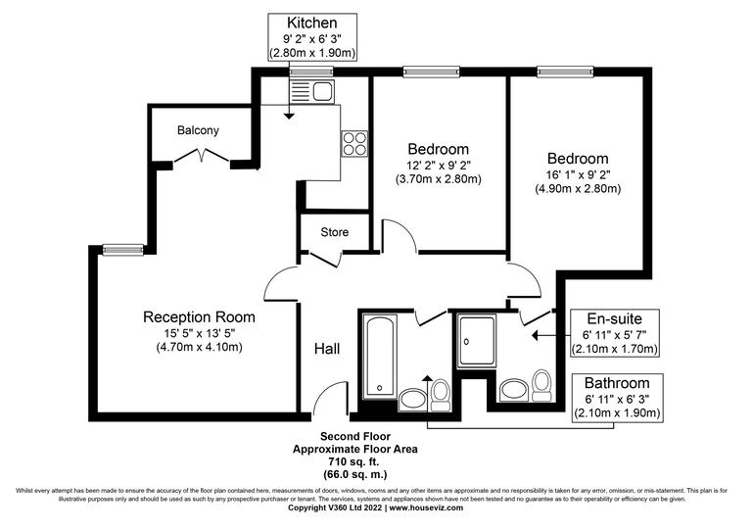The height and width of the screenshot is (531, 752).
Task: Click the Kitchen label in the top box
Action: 312,23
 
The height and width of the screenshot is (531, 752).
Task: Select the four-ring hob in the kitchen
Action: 353,144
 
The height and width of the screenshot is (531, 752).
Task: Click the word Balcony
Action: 199,130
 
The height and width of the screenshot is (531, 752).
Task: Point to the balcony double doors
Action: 202,157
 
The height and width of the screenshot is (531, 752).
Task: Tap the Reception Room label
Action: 199,316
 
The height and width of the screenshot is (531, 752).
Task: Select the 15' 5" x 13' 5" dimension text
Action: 199,334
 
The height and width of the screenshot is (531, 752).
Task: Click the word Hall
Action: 327,349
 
